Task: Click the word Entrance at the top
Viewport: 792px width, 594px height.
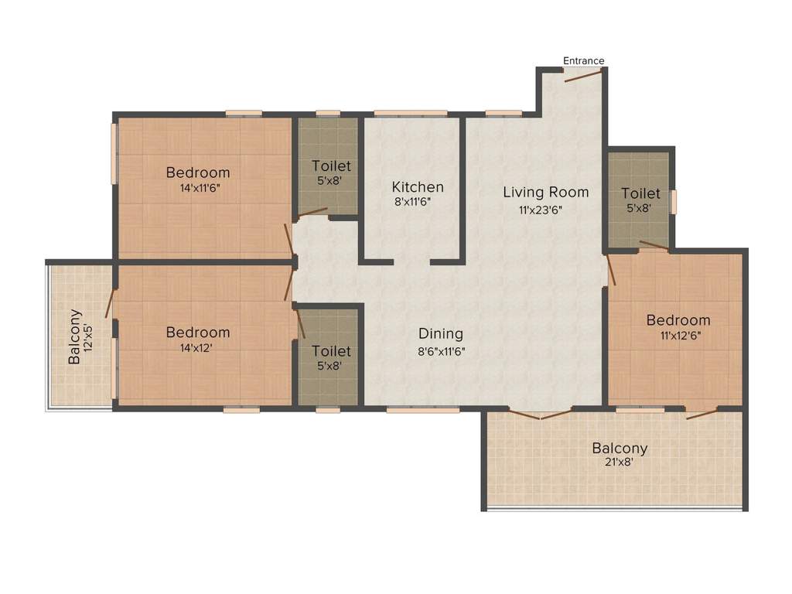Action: click(583, 61)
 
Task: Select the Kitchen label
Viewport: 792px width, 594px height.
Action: click(418, 187)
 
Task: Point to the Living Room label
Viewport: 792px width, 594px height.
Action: click(546, 192)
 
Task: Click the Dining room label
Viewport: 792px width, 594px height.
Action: click(441, 334)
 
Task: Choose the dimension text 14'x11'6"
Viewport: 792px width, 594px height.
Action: click(198, 188)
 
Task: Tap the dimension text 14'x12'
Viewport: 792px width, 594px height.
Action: click(198, 348)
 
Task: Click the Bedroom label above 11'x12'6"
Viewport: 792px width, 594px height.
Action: click(678, 320)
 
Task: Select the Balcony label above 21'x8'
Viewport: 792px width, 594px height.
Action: click(620, 448)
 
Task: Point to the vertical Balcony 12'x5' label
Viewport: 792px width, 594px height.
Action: click(80, 337)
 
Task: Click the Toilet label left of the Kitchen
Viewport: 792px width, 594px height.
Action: click(331, 166)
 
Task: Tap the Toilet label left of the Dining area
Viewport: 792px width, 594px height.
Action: click(331, 351)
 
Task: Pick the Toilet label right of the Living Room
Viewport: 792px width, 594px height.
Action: click(640, 193)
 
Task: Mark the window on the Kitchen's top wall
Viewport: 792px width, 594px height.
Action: click(410, 114)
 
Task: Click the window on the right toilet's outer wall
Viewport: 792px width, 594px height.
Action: click(673, 202)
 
